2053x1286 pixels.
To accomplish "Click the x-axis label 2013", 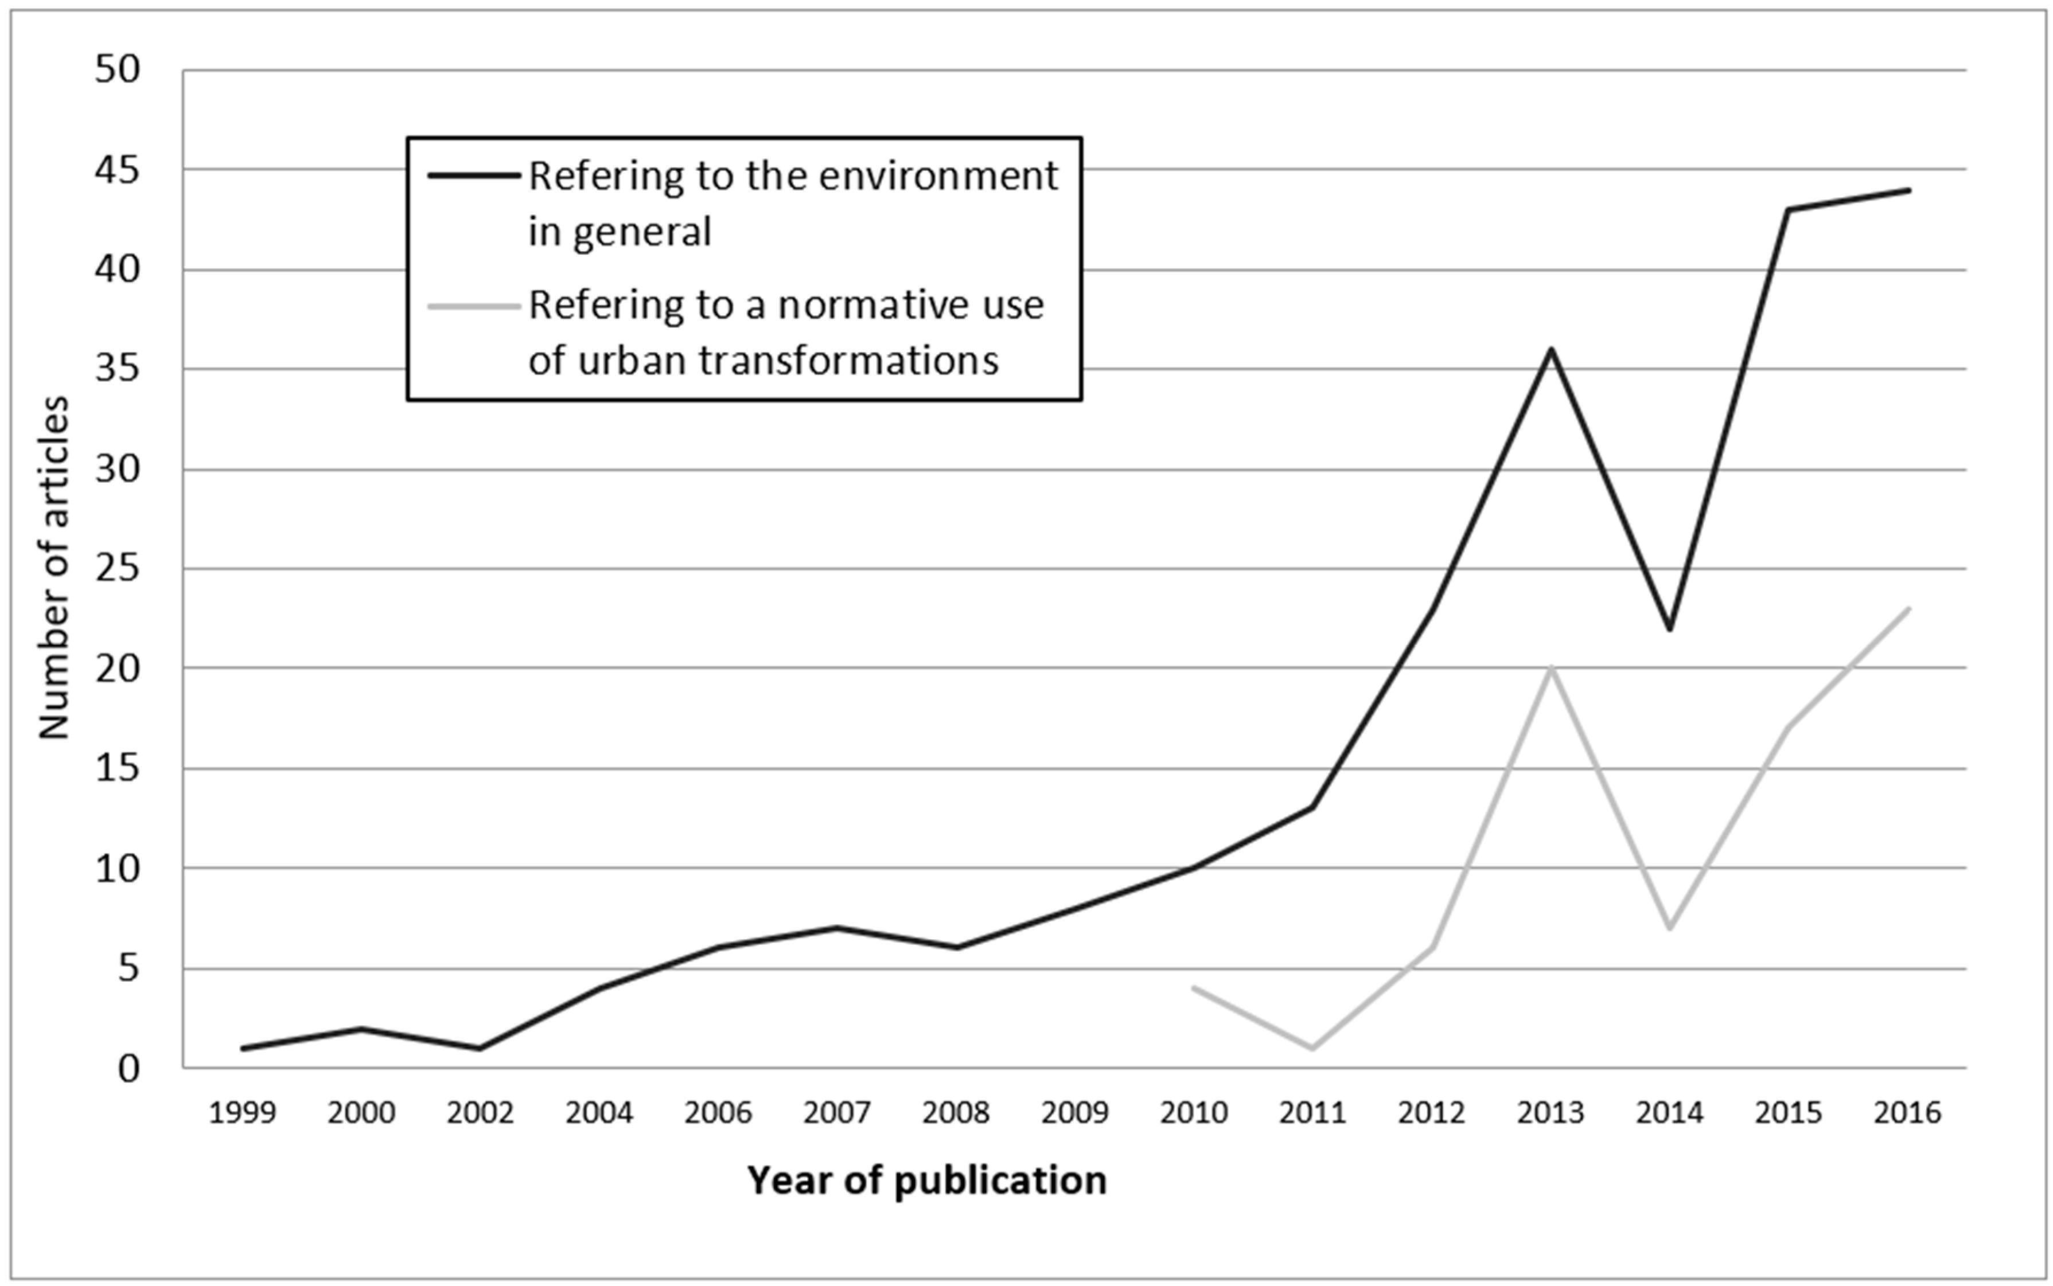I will [x=1550, y=1112].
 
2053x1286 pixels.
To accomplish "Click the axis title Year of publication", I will [x=926, y=1181].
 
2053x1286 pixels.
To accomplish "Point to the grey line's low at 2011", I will [x=1312, y=1048].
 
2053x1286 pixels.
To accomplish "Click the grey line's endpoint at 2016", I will [x=1909, y=609].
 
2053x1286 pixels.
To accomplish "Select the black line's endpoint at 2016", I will [x=1909, y=190].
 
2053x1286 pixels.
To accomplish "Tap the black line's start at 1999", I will [x=243, y=1048].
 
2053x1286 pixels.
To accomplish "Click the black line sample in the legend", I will [x=474, y=175].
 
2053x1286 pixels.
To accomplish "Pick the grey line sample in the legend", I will [x=474, y=306].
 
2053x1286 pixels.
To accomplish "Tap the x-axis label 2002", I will [x=480, y=1112].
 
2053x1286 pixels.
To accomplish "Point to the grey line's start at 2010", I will [x=1194, y=987].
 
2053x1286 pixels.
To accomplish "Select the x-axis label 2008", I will [x=956, y=1112].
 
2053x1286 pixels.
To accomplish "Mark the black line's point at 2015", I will [x=1789, y=209].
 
